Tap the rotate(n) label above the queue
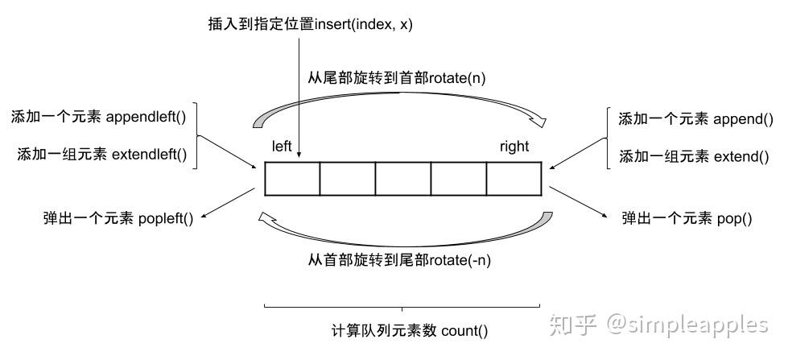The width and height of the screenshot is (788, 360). coord(458,78)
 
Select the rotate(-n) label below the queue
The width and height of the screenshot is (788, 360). coord(460,260)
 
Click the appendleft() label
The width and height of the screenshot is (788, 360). coord(146,117)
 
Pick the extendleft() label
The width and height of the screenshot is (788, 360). coord(149,154)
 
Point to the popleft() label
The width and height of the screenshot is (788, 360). coord(165,219)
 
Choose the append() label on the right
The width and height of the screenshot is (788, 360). coord(743,119)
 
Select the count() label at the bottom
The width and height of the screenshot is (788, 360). coord(464,331)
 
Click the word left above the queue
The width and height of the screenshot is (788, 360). coord(282,146)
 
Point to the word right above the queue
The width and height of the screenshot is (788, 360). coord(514,147)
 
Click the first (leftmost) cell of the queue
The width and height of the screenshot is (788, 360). coord(292,179)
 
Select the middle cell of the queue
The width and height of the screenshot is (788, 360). coord(403,179)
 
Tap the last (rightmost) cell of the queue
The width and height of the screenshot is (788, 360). coord(514,179)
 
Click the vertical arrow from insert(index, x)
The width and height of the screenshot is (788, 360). coord(299,97)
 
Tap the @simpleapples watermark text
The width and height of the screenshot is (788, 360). coord(687,325)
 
